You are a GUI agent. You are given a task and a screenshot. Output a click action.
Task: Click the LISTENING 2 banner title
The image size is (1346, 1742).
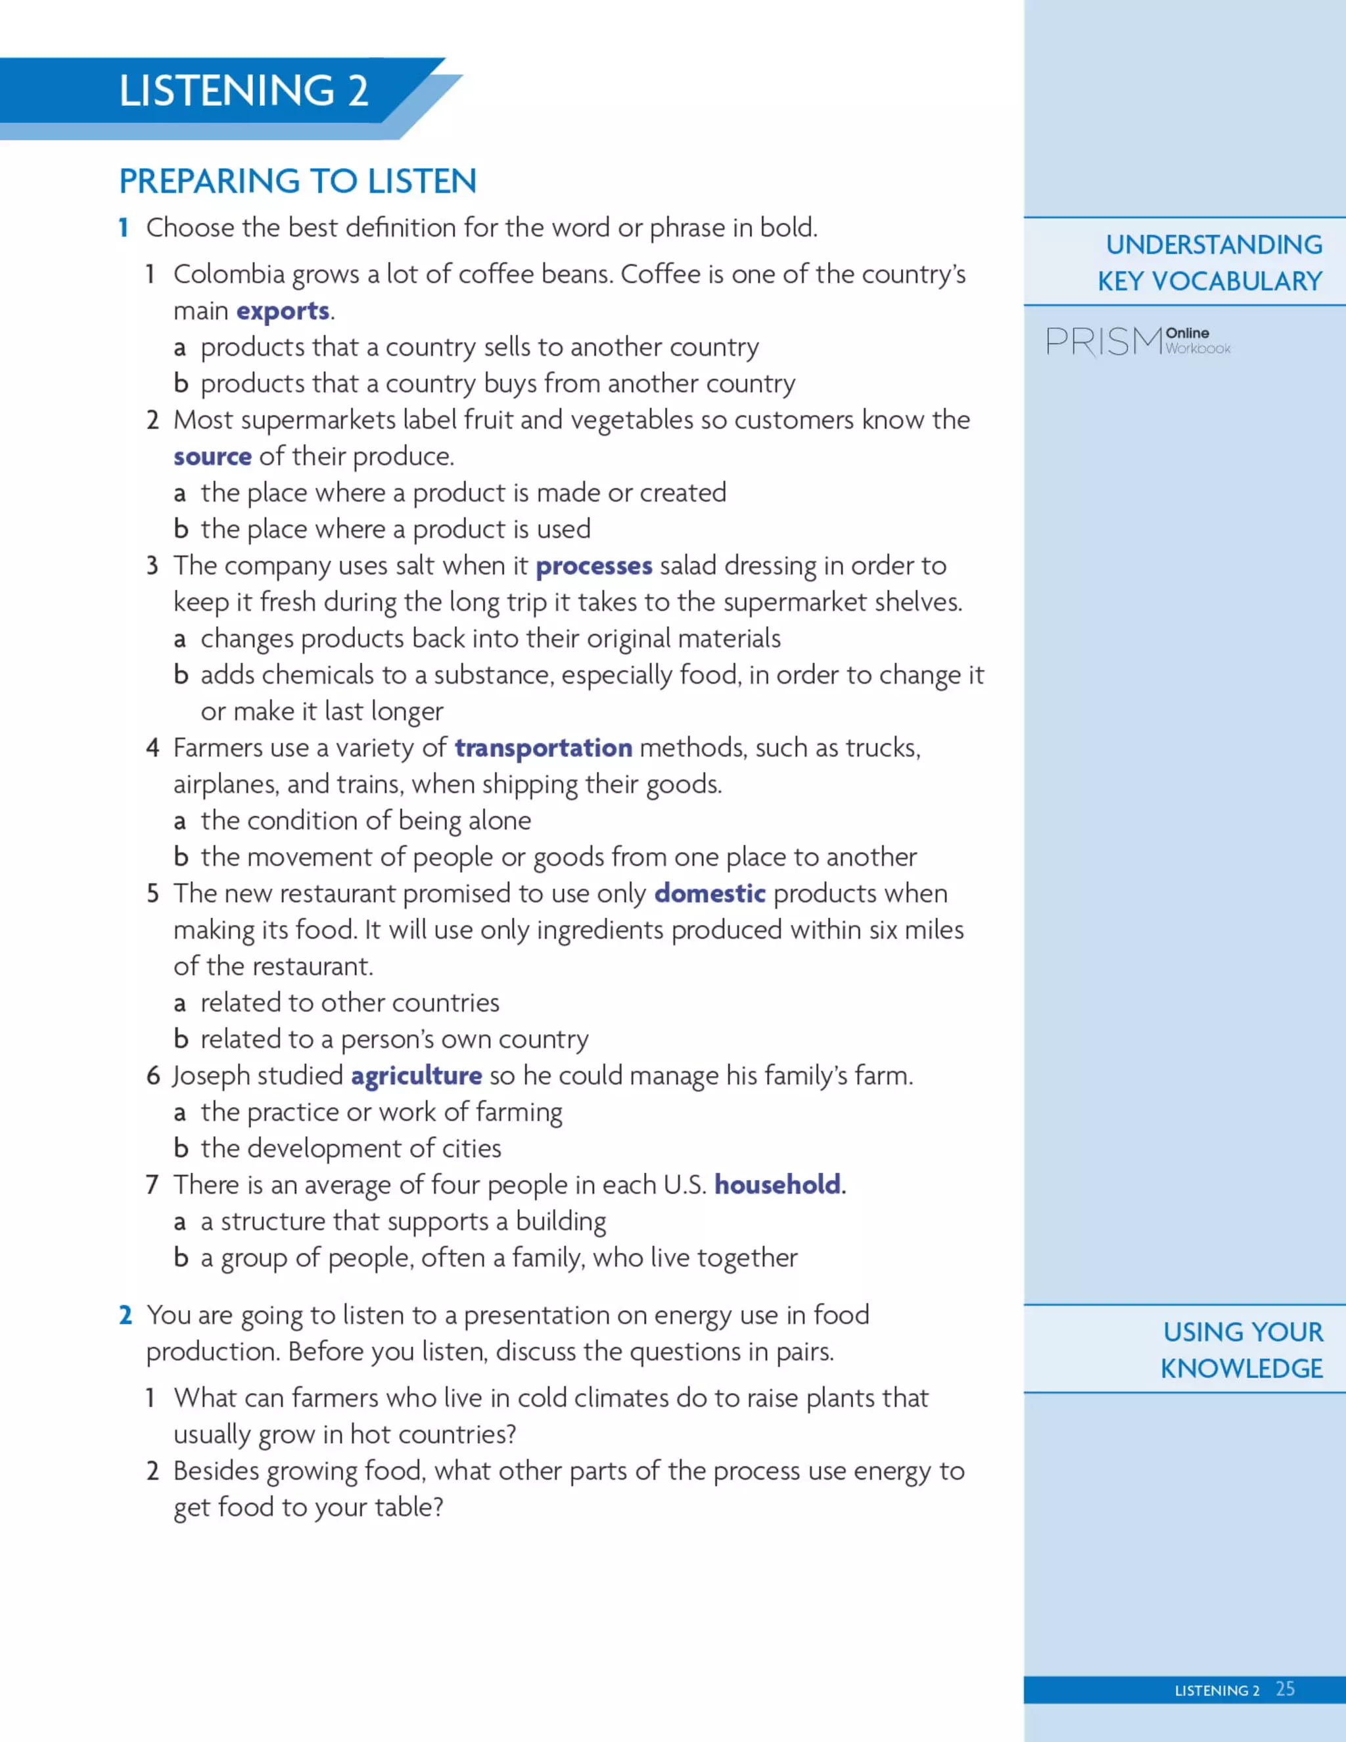[243, 90]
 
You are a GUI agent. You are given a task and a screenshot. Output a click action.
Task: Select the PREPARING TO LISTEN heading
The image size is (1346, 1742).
[298, 181]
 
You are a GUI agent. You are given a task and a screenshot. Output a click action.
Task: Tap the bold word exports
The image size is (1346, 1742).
[282, 310]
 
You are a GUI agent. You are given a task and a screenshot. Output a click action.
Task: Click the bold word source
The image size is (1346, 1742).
[212, 456]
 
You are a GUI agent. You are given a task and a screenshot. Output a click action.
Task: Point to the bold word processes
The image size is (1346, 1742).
[593, 565]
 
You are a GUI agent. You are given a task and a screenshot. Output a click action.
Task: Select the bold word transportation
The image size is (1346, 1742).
[543, 748]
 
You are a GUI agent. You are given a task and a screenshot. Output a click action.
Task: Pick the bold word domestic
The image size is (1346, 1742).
[710, 893]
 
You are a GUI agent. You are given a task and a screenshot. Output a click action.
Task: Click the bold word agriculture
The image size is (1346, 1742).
[416, 1076]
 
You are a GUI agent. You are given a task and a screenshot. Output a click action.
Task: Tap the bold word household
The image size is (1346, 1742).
[777, 1185]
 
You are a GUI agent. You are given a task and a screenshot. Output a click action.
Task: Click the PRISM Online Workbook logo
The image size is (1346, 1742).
[1138, 341]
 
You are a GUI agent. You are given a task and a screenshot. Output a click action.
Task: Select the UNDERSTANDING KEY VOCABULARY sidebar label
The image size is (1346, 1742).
[1210, 262]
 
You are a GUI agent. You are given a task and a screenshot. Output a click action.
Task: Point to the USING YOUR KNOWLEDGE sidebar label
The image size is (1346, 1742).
[1242, 1350]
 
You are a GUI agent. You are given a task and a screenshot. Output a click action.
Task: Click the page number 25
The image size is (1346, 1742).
[1285, 1689]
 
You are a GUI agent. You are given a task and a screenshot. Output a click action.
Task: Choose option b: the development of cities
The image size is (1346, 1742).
[350, 1148]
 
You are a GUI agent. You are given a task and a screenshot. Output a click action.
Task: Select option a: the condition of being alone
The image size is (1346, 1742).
[365, 821]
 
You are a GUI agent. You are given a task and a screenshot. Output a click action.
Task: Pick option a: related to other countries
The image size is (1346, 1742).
[349, 1002]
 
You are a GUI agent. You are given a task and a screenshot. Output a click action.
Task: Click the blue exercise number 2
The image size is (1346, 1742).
[125, 1315]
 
